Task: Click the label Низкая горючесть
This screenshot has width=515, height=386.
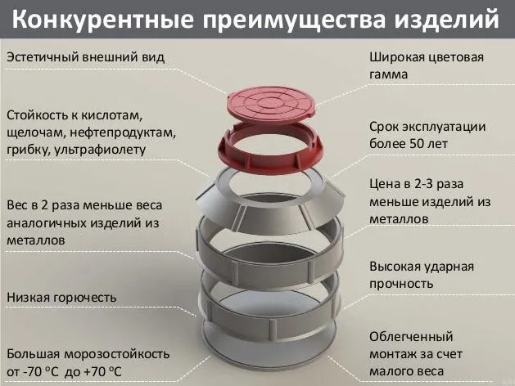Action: (61, 298)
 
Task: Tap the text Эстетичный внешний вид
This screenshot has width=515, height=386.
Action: (85, 57)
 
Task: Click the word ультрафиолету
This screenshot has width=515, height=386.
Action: (100, 150)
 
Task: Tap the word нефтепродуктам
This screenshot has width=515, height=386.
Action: (122, 132)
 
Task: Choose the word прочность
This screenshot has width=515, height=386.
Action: (401, 284)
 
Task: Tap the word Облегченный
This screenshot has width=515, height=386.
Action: (411, 337)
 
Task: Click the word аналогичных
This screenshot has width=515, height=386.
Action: (47, 223)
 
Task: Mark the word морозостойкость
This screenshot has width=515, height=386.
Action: (116, 355)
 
